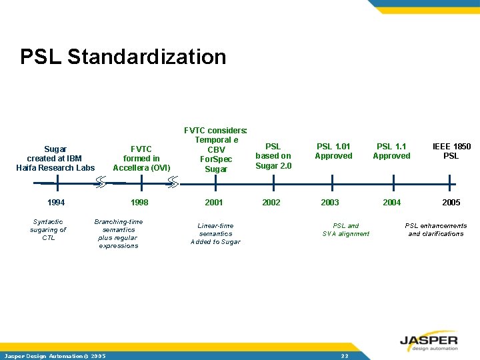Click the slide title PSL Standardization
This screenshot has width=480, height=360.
click(123, 57)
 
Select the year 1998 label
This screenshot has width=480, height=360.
click(139, 203)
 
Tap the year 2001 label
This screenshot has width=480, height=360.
click(213, 203)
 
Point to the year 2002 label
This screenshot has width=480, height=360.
click(271, 203)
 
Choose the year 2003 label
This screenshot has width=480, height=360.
click(329, 203)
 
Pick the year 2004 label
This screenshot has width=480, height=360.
click(391, 203)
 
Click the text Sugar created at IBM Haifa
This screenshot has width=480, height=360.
click(55, 158)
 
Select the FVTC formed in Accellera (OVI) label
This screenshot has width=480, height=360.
click(141, 158)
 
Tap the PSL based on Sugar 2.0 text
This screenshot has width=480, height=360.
click(273, 156)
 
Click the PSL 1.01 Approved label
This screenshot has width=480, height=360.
click(333, 151)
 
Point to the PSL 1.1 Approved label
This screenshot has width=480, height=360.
click(391, 151)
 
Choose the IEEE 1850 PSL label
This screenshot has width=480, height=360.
click(451, 151)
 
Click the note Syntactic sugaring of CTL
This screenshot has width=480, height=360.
click(48, 229)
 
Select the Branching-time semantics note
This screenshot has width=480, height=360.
click(119, 233)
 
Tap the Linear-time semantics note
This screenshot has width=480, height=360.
click(215, 233)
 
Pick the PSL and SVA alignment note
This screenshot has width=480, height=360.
click(345, 229)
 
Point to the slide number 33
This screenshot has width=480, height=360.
click(345, 356)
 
